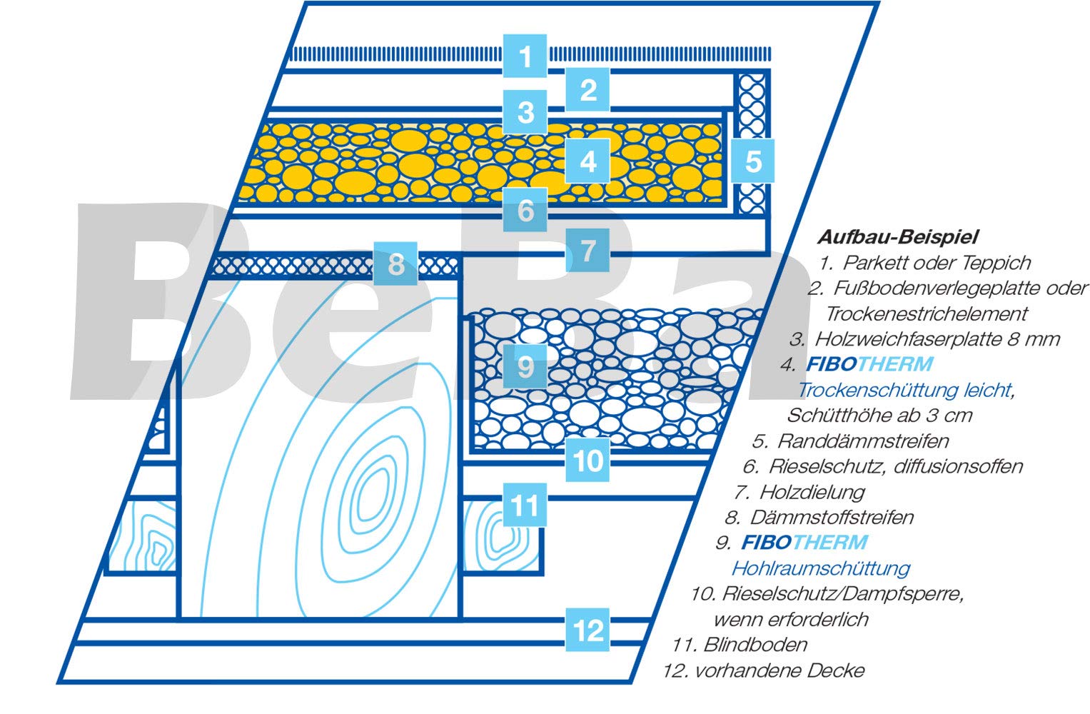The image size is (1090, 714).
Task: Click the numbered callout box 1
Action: click(525, 56)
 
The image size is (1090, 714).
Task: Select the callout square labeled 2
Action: click(587, 89)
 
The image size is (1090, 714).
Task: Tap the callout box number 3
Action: click(525, 112)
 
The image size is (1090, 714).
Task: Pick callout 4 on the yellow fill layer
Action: click(587, 161)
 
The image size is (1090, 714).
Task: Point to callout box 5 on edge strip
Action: click(752, 161)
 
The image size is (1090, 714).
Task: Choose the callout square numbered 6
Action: click(525, 210)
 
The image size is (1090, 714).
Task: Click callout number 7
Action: click(587, 250)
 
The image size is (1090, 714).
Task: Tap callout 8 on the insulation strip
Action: click(395, 263)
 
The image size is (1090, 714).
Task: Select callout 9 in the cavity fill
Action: click(525, 366)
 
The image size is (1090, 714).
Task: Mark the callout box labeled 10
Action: click(587, 460)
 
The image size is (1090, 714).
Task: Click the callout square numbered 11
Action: click(525, 505)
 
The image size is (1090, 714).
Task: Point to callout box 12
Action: click(587, 630)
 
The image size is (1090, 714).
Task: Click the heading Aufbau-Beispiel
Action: click(898, 237)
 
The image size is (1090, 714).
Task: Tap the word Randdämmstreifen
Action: click(863, 441)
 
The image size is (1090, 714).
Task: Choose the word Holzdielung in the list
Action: click(812, 493)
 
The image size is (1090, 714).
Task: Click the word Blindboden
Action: click(755, 645)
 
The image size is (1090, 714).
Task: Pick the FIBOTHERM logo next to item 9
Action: click(804, 542)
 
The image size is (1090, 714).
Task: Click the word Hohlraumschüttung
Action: click(821, 568)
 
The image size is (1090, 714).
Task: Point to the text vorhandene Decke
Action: click(779, 670)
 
